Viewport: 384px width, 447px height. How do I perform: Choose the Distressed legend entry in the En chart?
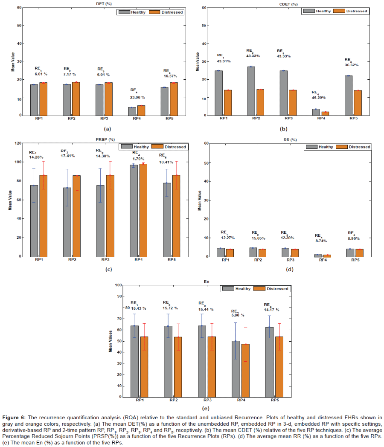271,289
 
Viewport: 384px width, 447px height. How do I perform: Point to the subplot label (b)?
283,129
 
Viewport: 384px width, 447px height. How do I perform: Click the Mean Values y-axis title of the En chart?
110,341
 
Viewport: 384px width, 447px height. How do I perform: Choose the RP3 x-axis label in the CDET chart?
288,118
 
